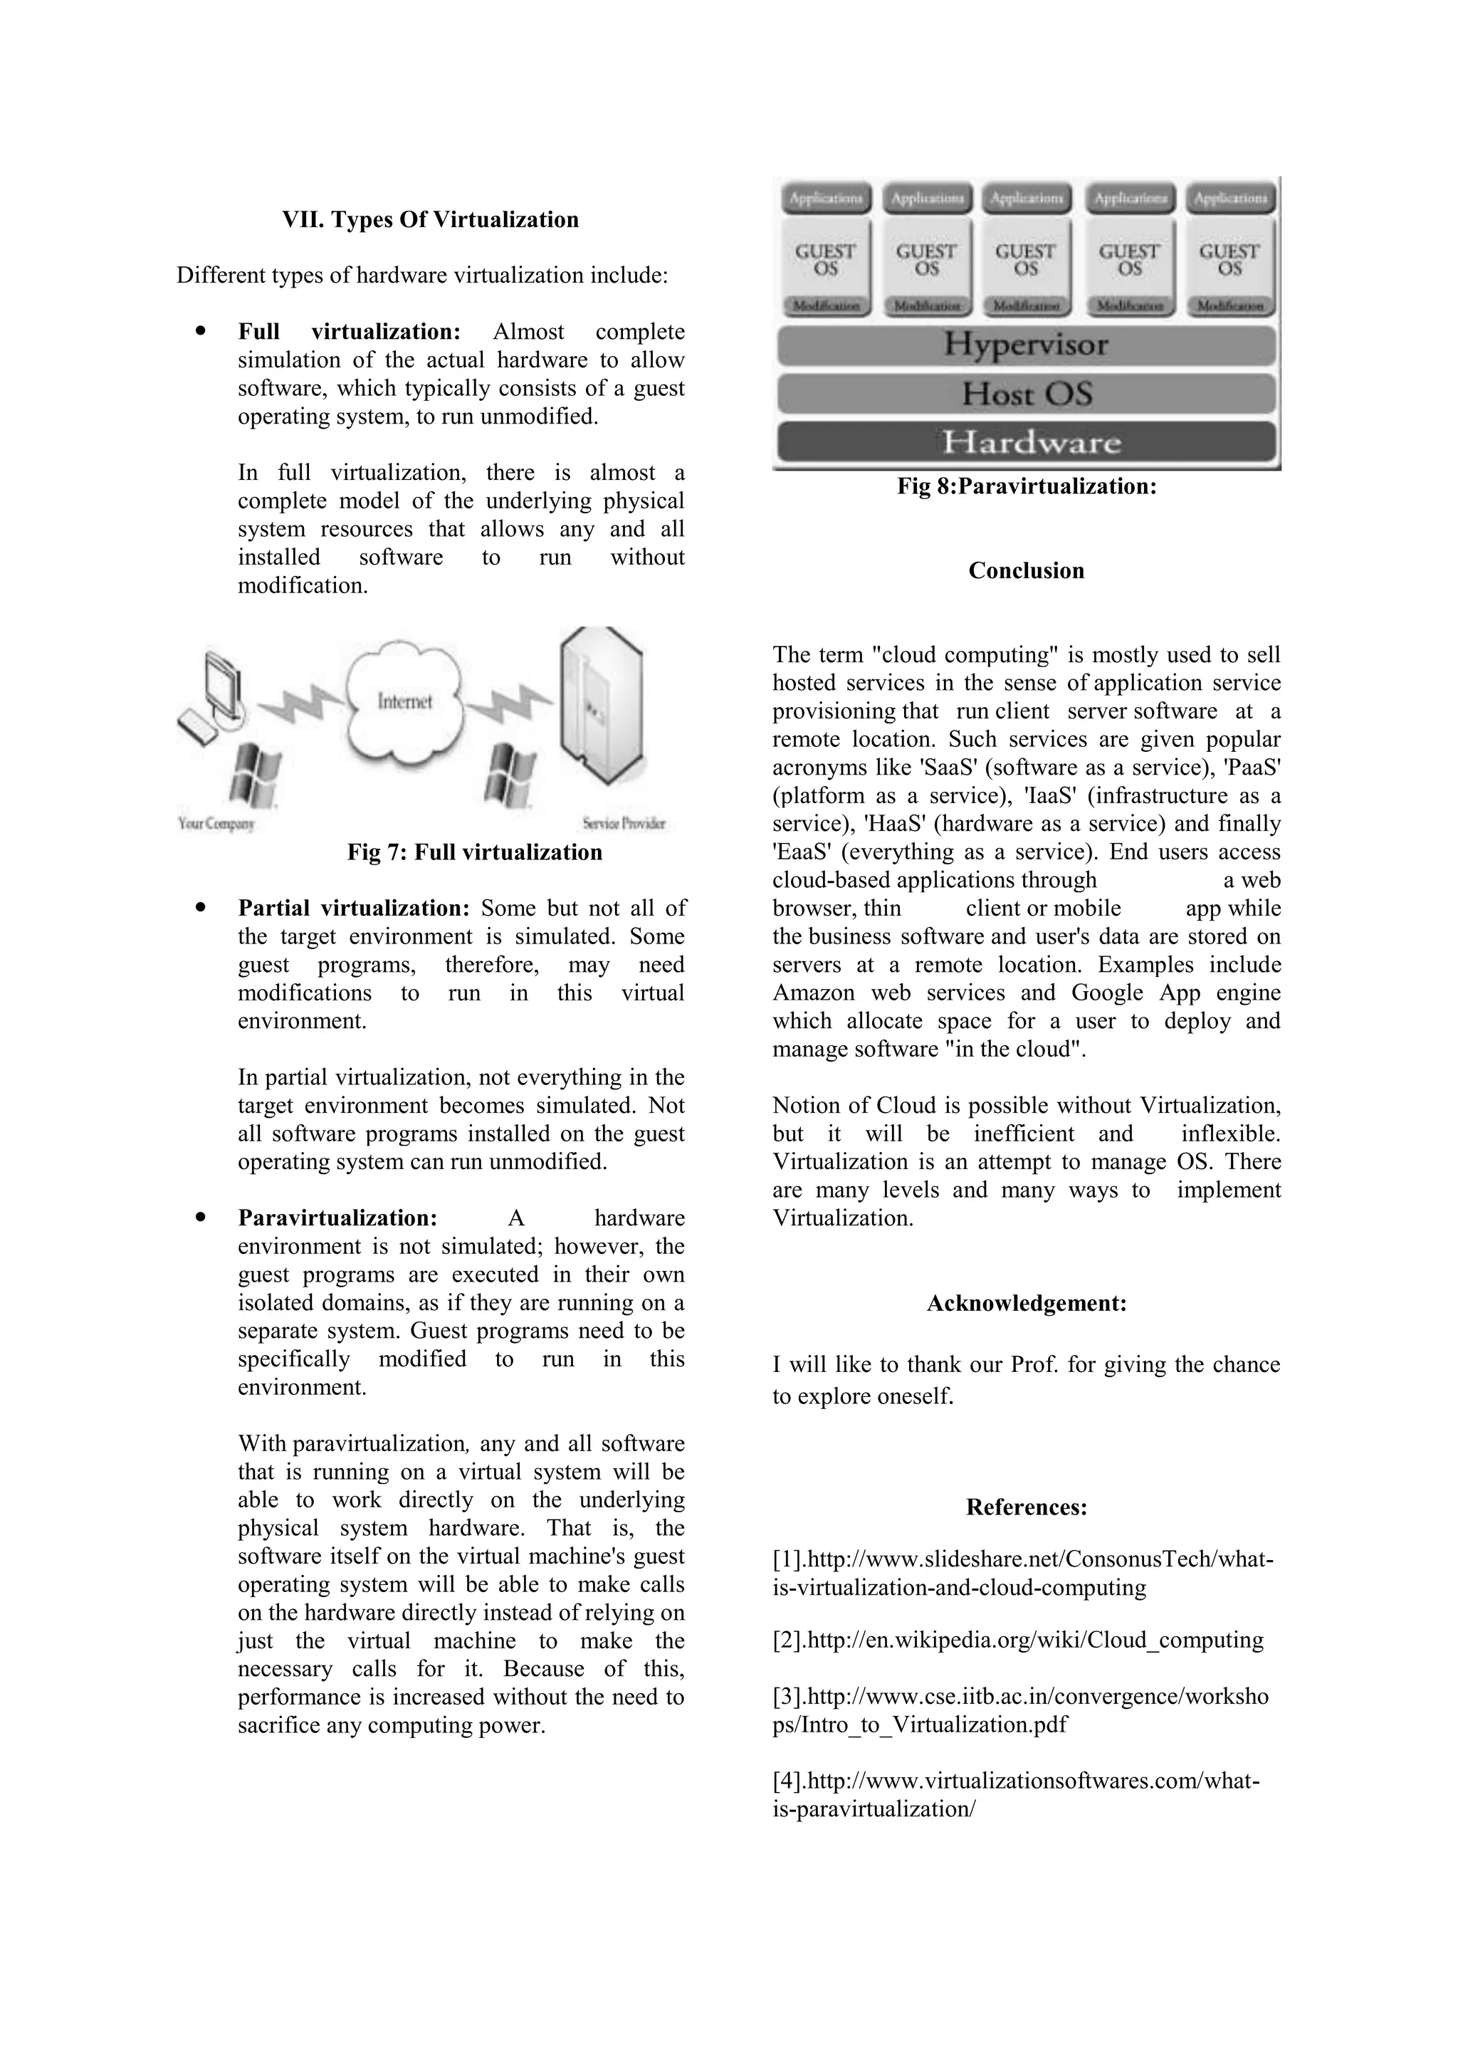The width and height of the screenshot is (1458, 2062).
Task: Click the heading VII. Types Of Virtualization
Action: (x=430, y=220)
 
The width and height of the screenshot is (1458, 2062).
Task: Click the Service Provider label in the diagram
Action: (x=623, y=824)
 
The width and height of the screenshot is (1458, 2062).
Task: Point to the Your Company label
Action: (x=216, y=824)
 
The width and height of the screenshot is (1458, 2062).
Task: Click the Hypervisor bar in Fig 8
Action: (x=1025, y=345)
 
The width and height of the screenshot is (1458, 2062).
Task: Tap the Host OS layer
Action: (x=1025, y=393)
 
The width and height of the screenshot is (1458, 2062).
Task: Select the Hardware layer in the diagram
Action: (x=1025, y=442)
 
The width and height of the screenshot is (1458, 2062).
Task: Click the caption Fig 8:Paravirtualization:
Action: (x=1026, y=487)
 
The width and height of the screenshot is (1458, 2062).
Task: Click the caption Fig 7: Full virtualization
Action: (x=474, y=852)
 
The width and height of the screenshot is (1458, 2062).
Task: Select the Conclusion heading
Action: (x=1026, y=571)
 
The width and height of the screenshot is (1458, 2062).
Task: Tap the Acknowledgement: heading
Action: (x=1026, y=1303)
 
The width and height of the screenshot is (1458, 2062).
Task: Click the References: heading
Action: (x=1026, y=1507)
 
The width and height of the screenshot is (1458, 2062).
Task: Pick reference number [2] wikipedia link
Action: (x=1018, y=1640)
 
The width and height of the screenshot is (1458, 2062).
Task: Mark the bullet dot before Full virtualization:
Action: (x=200, y=330)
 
